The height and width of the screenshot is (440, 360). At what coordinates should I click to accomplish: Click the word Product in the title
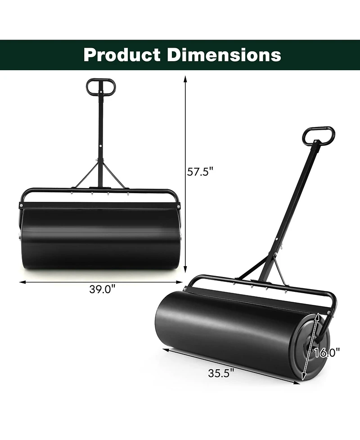(122, 55)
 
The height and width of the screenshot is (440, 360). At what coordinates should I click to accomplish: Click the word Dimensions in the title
(224, 55)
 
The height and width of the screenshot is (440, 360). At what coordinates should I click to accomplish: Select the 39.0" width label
(102, 290)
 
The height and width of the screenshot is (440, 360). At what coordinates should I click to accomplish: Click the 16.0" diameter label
(327, 352)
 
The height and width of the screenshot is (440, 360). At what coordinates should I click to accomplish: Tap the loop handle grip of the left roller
(101, 86)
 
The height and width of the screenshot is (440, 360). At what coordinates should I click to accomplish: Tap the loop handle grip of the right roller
(319, 135)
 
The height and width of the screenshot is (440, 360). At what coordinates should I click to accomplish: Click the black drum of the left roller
(100, 239)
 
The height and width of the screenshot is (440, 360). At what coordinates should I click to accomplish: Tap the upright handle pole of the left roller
(100, 126)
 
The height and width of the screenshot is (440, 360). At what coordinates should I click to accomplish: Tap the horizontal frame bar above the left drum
(100, 191)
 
